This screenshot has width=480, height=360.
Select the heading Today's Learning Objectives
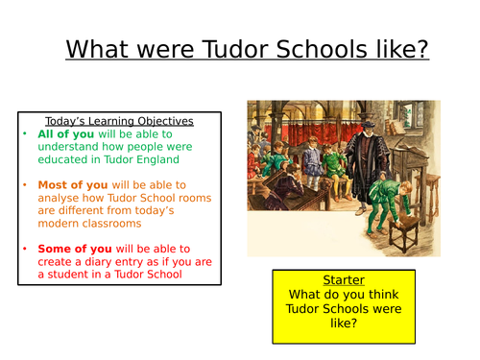[x=118, y=121]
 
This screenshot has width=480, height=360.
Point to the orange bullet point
[x=28, y=184]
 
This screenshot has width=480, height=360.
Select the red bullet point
[x=28, y=248]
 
